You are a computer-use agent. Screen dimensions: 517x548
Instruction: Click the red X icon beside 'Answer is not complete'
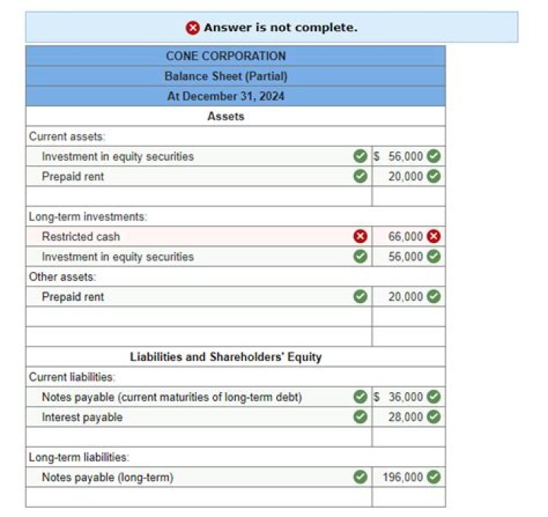193,27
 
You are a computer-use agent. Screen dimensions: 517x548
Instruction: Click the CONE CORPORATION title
226,56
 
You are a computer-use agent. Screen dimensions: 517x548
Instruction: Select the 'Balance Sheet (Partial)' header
226,76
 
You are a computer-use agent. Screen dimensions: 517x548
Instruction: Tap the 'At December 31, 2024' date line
226,97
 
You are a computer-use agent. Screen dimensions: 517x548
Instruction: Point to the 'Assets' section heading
226,116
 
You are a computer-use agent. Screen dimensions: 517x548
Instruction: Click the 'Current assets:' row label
67,136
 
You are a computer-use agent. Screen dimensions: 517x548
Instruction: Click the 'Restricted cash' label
81,237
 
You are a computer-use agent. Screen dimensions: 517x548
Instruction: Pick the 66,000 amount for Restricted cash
406,237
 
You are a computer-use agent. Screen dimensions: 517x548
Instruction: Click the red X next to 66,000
434,236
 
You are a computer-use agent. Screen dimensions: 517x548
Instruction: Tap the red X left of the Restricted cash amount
361,237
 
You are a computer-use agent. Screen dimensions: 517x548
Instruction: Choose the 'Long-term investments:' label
88,217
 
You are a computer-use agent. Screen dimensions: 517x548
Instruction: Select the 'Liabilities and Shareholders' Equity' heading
226,356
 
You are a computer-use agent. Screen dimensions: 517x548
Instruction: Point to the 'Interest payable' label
82,417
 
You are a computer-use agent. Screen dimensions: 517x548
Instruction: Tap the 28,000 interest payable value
406,417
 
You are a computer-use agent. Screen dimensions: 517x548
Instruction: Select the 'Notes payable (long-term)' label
107,477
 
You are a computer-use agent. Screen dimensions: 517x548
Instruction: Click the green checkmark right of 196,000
434,477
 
